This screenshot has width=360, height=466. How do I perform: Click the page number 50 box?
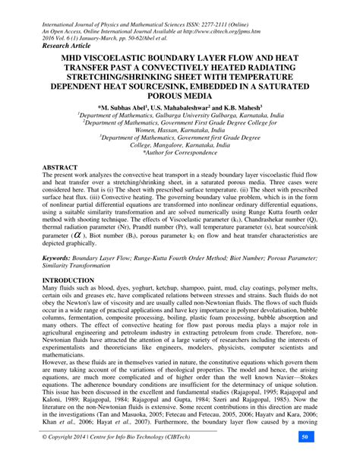pyautogui.click(x=325, y=458)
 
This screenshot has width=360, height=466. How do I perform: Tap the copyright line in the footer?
pyautogui.click(x=106, y=458)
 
